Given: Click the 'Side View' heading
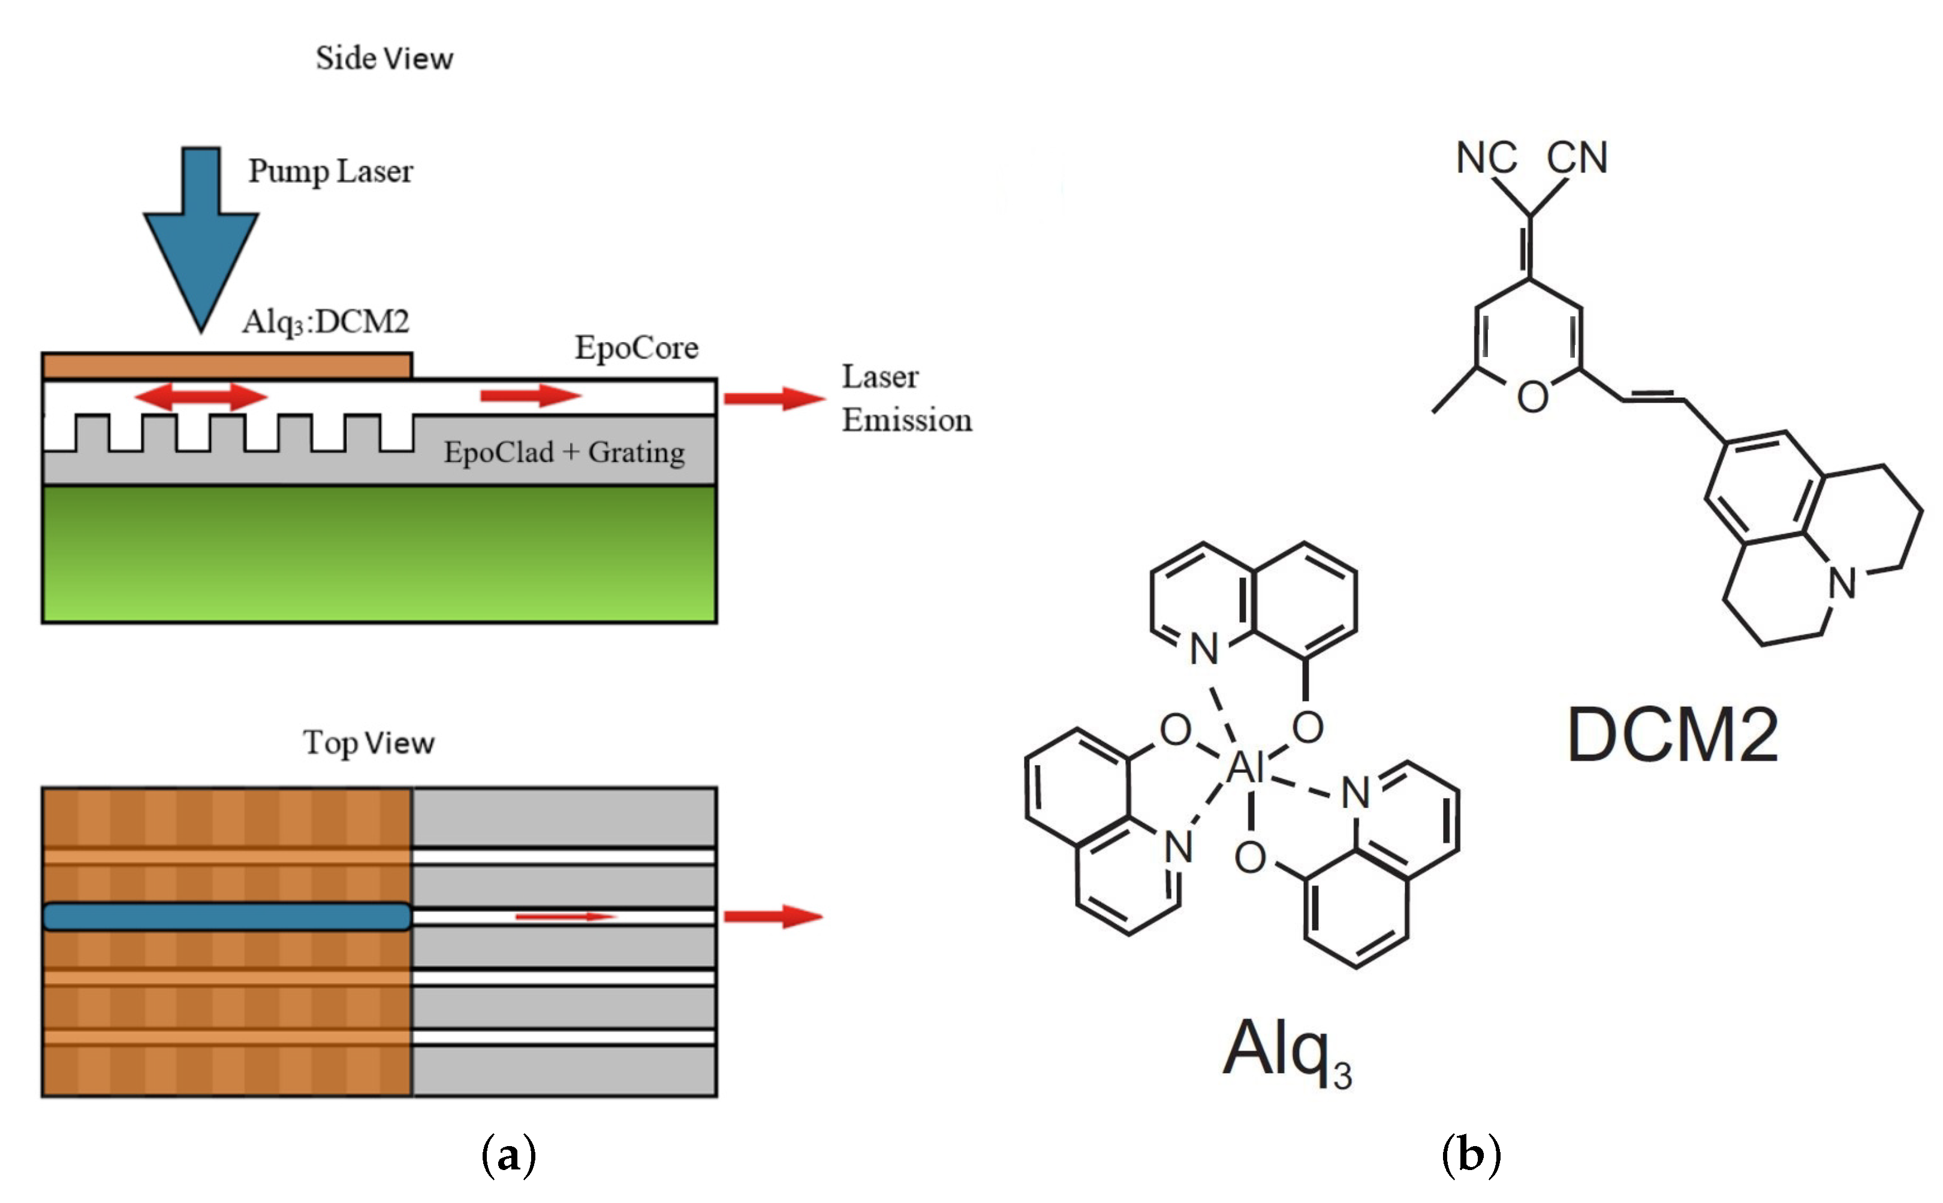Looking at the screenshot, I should [384, 58].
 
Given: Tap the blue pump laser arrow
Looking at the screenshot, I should [201, 238].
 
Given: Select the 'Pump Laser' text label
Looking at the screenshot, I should [330, 171].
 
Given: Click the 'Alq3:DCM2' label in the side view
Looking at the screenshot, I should [326, 322].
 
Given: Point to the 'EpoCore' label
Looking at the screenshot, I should [637, 347].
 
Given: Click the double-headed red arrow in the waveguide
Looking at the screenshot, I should [201, 396].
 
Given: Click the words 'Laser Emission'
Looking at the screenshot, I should [906, 398].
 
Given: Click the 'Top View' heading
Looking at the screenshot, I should [369, 742].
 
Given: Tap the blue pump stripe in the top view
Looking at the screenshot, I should [227, 917].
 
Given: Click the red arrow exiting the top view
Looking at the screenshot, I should [772, 917].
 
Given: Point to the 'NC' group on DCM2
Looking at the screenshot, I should [1486, 158].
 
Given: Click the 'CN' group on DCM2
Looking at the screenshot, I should [1577, 158].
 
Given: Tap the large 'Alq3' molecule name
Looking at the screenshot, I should [1285, 1050].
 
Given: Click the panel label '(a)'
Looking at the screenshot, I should [508, 1154].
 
